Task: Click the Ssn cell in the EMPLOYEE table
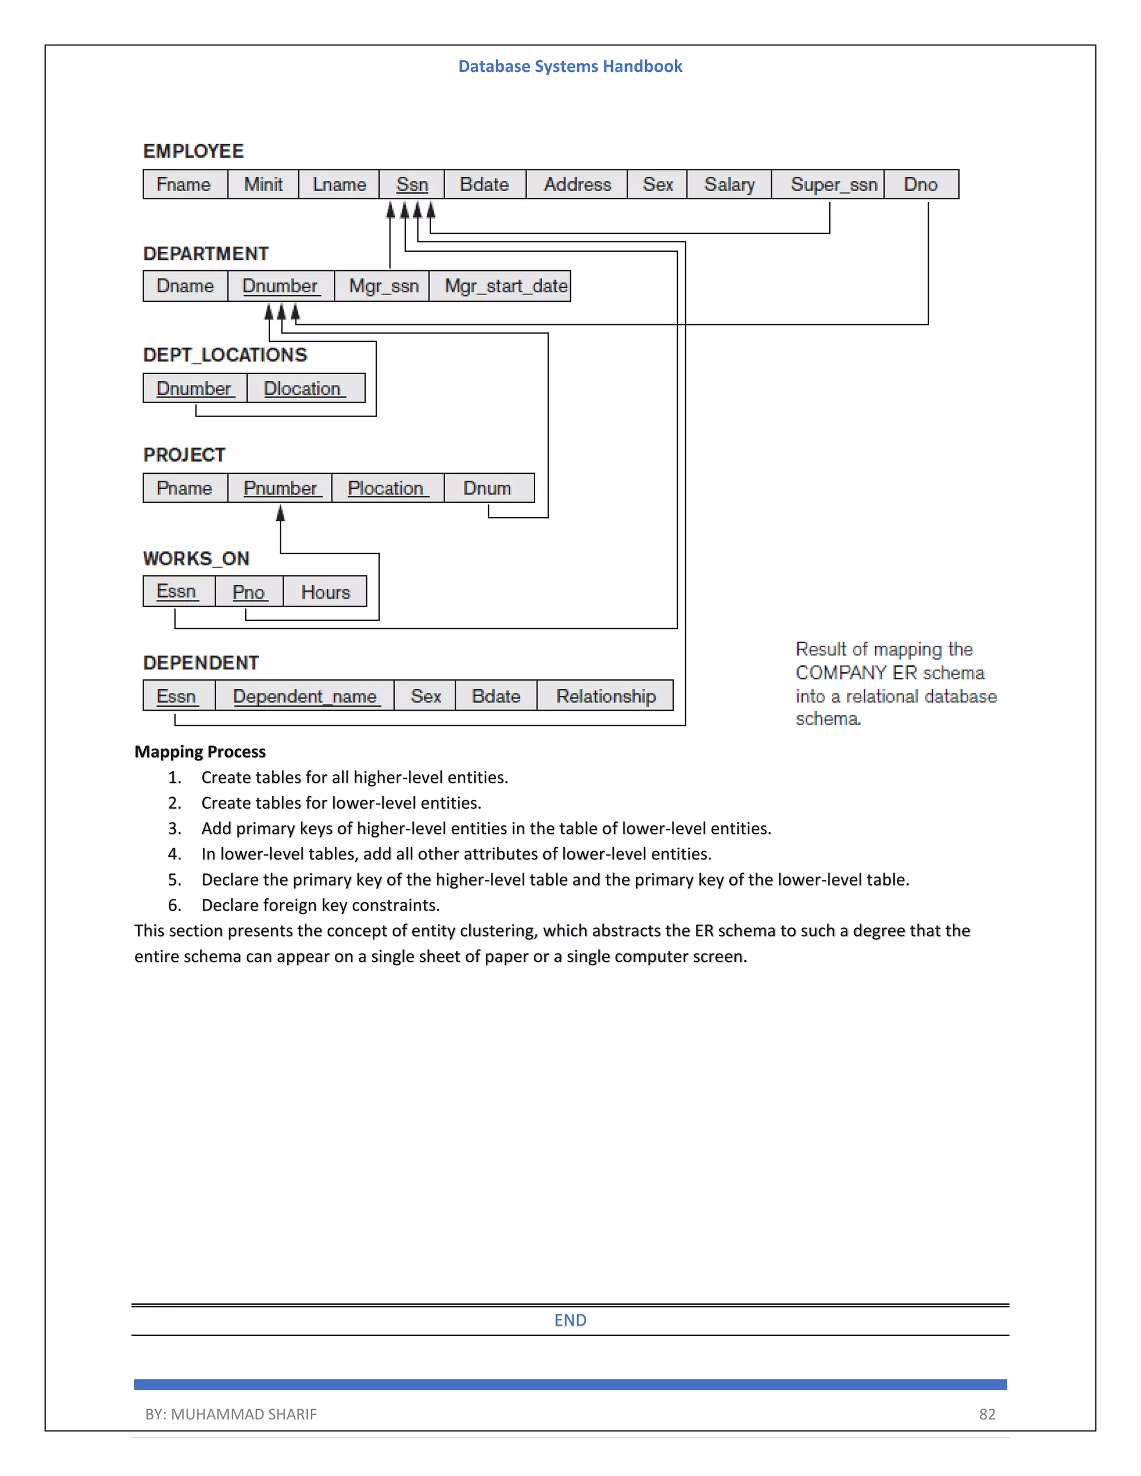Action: point(412,184)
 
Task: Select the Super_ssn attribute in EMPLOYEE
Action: point(833,184)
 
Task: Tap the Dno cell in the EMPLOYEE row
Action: point(920,184)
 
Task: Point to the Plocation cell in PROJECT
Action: point(386,488)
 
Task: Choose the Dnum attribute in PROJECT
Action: point(487,488)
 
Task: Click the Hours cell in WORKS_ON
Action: point(325,592)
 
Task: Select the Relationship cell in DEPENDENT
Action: point(606,696)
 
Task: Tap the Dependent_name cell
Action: point(305,696)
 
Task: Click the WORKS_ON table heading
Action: point(196,559)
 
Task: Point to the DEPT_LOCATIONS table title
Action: point(225,355)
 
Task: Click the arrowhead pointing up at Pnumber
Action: point(281,514)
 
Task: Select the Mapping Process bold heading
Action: point(200,751)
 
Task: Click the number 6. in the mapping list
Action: point(174,905)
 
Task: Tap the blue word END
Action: point(570,1320)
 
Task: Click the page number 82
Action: point(987,1414)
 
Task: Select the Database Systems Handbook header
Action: point(570,66)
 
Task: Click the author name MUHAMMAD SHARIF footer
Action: point(243,1414)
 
